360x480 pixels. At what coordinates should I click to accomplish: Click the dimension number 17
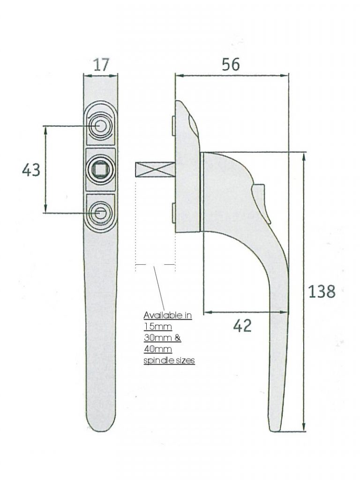click(101, 65)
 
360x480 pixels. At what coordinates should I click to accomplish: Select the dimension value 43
click(31, 170)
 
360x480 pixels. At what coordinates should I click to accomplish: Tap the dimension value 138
click(322, 292)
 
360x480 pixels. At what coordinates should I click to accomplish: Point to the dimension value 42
click(242, 325)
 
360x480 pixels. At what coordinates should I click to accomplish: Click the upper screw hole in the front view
click(100, 126)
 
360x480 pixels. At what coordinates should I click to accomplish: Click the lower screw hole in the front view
click(100, 213)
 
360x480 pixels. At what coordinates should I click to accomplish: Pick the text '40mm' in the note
click(156, 349)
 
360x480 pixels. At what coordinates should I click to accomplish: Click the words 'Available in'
click(167, 315)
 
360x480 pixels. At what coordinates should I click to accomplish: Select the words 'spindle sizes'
click(169, 360)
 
